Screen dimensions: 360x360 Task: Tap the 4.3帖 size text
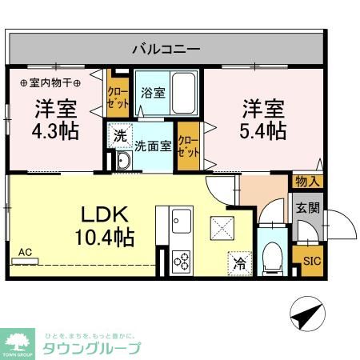(55, 130)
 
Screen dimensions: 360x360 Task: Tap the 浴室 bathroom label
(154, 93)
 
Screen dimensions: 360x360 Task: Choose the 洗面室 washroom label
(153, 146)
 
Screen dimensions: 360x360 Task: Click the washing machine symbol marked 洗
(119, 137)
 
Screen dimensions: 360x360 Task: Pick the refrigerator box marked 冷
(239, 260)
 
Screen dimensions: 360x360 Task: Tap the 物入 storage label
(307, 182)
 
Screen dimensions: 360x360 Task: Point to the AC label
(26, 253)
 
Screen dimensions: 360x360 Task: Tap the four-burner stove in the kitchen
(181, 260)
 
